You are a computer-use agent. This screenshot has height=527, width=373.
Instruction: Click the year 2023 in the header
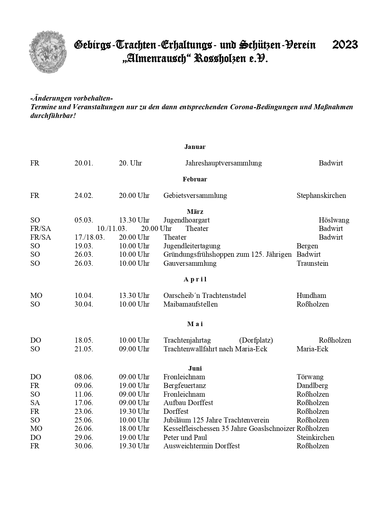345,45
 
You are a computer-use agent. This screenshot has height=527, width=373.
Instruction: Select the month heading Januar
195,147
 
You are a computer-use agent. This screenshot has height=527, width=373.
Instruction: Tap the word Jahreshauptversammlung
223,163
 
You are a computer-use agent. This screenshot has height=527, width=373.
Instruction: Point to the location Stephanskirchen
321,195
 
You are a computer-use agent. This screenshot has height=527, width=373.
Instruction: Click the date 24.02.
84,195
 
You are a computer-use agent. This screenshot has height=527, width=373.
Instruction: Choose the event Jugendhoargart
186,220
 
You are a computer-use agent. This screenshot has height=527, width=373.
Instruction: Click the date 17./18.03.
90,237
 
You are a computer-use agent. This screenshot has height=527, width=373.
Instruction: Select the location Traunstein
312,263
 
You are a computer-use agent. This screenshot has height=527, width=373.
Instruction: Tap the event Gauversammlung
190,263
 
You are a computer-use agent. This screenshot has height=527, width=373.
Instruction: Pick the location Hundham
311,295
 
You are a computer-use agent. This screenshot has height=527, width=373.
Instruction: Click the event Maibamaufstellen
190,304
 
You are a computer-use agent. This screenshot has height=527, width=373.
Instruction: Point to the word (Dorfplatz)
256,340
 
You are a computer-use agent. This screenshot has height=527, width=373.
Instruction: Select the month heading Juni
195,368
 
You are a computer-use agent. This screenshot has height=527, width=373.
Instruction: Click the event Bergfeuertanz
185,386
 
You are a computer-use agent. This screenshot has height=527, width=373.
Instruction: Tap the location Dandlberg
312,386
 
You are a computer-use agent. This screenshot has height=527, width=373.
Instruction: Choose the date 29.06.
84,437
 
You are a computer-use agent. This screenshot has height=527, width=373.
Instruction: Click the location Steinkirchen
315,437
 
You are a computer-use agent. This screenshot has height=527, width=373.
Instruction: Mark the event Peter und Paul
185,437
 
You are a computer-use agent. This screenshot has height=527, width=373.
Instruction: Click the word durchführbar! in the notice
53,116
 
